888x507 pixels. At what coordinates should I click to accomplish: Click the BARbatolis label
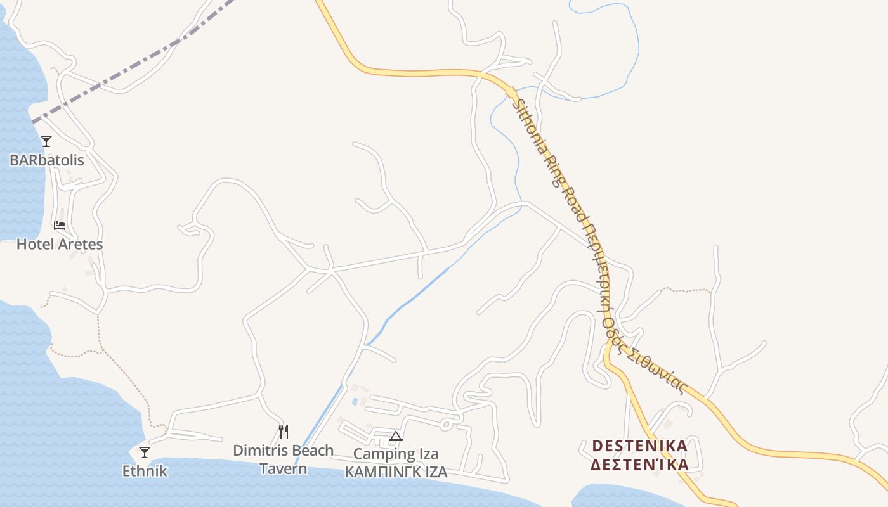point(46,160)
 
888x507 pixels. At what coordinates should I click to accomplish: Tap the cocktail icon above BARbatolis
point(46,141)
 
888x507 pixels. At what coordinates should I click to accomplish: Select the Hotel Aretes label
point(60,244)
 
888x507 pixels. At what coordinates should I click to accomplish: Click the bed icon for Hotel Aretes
point(60,226)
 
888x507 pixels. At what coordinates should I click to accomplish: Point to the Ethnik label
point(145,471)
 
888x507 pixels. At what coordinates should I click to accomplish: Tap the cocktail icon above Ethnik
point(145,452)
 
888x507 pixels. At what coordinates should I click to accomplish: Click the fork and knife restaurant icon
point(284,432)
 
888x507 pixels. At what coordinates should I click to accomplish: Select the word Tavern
point(283,469)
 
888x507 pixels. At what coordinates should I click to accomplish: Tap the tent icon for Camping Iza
point(396,435)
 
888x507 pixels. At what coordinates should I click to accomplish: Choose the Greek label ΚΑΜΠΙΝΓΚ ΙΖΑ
point(396,472)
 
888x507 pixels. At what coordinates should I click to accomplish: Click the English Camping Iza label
point(396,454)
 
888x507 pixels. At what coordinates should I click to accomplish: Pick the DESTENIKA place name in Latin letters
point(639,446)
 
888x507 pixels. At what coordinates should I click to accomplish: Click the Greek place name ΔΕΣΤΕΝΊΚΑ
point(639,465)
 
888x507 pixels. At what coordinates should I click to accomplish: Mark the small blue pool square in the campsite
point(355,401)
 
